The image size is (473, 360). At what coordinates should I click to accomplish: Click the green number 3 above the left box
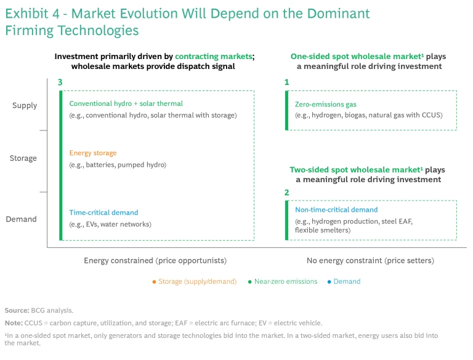[x=60, y=82]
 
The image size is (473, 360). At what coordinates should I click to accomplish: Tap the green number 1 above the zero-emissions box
[x=286, y=82]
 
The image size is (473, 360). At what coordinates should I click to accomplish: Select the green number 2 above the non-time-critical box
[x=286, y=193]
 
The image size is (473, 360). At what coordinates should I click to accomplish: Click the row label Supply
[x=25, y=106]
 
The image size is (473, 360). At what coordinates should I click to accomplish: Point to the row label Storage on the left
[x=23, y=158]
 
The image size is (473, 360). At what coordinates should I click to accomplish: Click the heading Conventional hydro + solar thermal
[x=126, y=104]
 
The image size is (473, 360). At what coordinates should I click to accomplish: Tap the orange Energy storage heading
[x=92, y=153]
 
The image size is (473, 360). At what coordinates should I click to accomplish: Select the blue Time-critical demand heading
[x=103, y=213]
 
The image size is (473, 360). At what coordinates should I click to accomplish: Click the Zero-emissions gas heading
[x=325, y=105]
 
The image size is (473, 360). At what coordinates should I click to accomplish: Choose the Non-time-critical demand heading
[x=336, y=210]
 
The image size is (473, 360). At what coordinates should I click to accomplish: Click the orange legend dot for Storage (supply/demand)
[x=153, y=282]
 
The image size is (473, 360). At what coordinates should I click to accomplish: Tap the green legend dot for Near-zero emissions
[x=249, y=282]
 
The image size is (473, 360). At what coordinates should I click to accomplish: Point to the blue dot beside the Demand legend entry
[x=329, y=282]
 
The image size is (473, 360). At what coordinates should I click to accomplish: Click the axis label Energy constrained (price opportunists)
[x=155, y=261]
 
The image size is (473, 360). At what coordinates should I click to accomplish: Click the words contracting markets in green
[x=213, y=57]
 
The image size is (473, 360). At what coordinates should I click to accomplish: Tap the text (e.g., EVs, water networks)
[x=110, y=224]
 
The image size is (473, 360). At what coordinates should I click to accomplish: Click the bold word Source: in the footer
[x=17, y=311]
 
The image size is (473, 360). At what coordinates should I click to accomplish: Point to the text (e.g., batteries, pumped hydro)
[x=117, y=164]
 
